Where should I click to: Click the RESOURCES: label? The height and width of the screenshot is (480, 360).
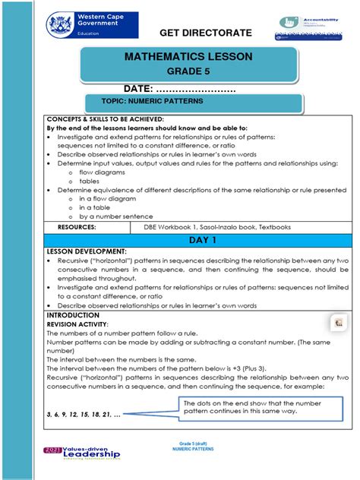coord(77,226)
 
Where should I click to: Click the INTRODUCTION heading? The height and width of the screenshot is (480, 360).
coord(73,314)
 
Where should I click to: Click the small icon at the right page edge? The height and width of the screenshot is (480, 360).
coord(339,323)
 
